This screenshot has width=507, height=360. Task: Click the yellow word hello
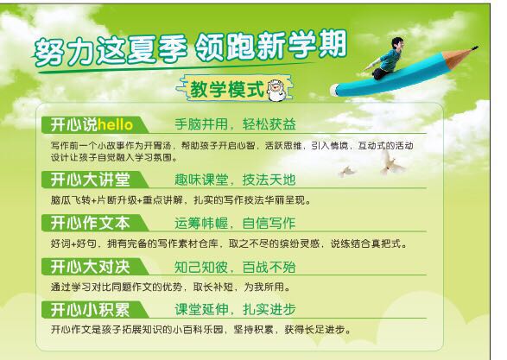[x=115, y=124]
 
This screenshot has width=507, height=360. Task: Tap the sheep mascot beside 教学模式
[x=276, y=90]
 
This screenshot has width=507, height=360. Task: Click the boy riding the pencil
[x=384, y=58]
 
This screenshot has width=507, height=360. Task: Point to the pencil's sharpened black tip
[x=474, y=48]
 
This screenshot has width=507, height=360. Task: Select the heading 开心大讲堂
[x=90, y=180]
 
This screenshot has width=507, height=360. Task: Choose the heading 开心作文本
[x=90, y=223]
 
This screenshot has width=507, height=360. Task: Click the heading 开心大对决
[x=90, y=267]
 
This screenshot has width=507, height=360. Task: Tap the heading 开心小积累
[x=90, y=310]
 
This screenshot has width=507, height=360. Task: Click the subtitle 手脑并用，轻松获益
[x=235, y=124]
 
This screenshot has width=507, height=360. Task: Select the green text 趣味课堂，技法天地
[x=235, y=180]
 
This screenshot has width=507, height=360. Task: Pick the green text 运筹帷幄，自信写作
[x=235, y=224]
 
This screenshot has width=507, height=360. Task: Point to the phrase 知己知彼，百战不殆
[x=235, y=267]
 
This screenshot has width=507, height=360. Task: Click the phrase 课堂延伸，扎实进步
[x=235, y=310]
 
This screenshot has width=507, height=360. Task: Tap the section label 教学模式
[x=227, y=89]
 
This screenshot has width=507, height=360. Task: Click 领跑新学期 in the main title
[x=271, y=45]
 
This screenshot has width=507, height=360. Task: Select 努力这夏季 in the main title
[x=111, y=51]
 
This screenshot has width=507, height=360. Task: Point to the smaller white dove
[x=347, y=171]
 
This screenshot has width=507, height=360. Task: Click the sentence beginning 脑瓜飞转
[x=181, y=200]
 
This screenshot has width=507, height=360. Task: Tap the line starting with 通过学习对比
[x=170, y=287]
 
